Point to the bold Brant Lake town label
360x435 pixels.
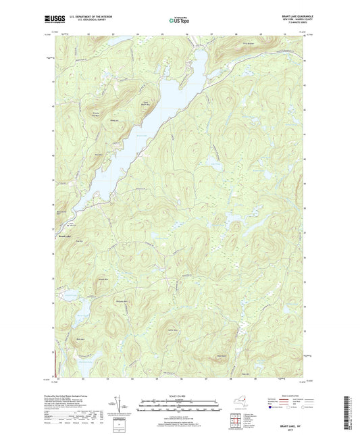[66, 236]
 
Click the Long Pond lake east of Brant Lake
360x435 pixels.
[217, 164]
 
